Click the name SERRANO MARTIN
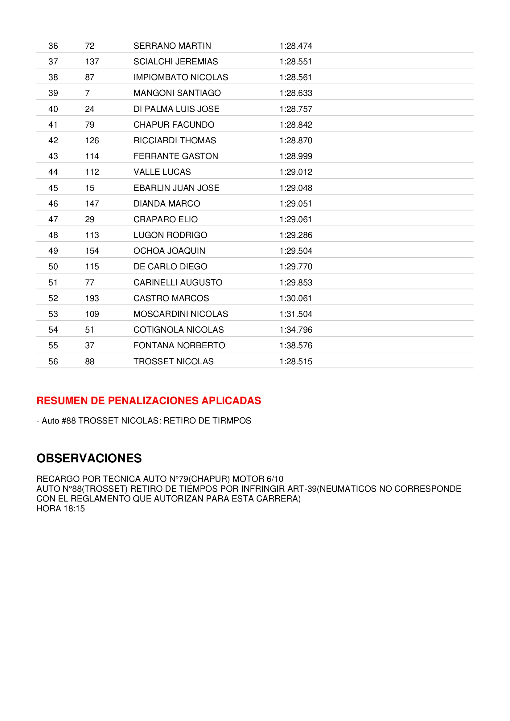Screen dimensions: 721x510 (x=172, y=46)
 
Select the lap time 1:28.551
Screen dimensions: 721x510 (x=295, y=62)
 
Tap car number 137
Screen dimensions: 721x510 (x=92, y=62)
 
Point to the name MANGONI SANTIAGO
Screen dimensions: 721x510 (x=177, y=93)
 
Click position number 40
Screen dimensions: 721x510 (x=53, y=109)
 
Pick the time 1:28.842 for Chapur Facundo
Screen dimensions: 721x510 (x=296, y=125)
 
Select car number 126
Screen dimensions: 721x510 (x=92, y=140)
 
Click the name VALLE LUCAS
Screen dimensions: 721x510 (x=162, y=172)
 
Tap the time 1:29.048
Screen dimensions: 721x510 (x=296, y=188)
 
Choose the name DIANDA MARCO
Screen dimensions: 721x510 (x=167, y=203)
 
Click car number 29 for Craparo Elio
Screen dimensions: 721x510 (x=89, y=219)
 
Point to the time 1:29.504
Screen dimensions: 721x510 (x=296, y=251)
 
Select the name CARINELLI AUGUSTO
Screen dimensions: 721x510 (x=178, y=282)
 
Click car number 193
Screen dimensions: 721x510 (x=92, y=298)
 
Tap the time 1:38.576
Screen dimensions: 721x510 (x=296, y=346)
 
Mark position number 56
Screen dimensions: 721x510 (x=53, y=362)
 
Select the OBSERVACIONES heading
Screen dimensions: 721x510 (x=89, y=458)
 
